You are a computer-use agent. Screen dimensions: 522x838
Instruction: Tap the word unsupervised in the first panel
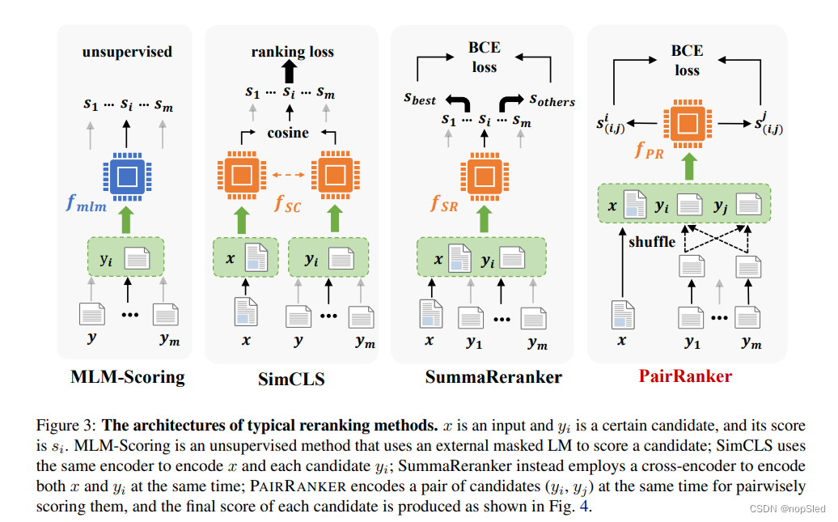(x=127, y=52)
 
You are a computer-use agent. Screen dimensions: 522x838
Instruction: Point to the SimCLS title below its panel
(x=293, y=378)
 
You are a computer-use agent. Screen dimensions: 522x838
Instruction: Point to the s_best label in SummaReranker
(x=420, y=99)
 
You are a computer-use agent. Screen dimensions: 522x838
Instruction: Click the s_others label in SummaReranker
(x=552, y=100)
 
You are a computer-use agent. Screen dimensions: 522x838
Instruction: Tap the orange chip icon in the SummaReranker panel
(x=484, y=174)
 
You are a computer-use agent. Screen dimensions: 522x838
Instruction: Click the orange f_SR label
(x=445, y=204)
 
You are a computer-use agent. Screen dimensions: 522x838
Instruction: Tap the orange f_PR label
(x=650, y=151)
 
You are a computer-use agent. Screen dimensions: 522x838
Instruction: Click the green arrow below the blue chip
(x=125, y=219)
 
